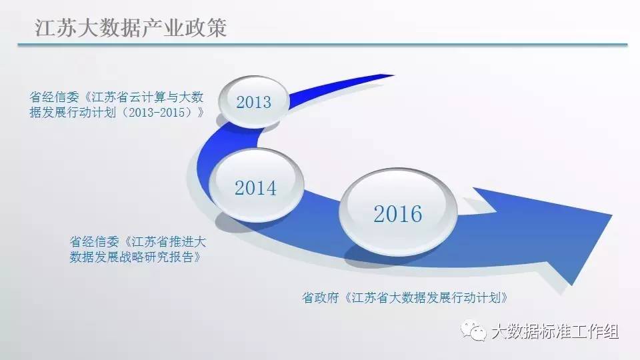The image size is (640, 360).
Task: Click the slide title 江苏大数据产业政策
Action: (x=131, y=28)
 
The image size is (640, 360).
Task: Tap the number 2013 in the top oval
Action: (x=253, y=102)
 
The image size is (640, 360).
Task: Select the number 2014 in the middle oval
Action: (x=255, y=188)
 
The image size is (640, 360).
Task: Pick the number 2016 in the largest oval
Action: (x=397, y=214)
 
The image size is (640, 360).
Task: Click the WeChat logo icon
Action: (x=473, y=330)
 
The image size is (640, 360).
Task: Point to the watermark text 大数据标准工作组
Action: (x=555, y=331)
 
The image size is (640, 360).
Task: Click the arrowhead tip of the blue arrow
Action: (x=611, y=215)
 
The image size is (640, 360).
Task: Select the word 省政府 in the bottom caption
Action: (x=321, y=297)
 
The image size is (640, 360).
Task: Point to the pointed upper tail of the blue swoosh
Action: (x=393, y=75)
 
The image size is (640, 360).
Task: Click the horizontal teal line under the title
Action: (x=323, y=45)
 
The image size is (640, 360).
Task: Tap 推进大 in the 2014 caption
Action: (x=187, y=241)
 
